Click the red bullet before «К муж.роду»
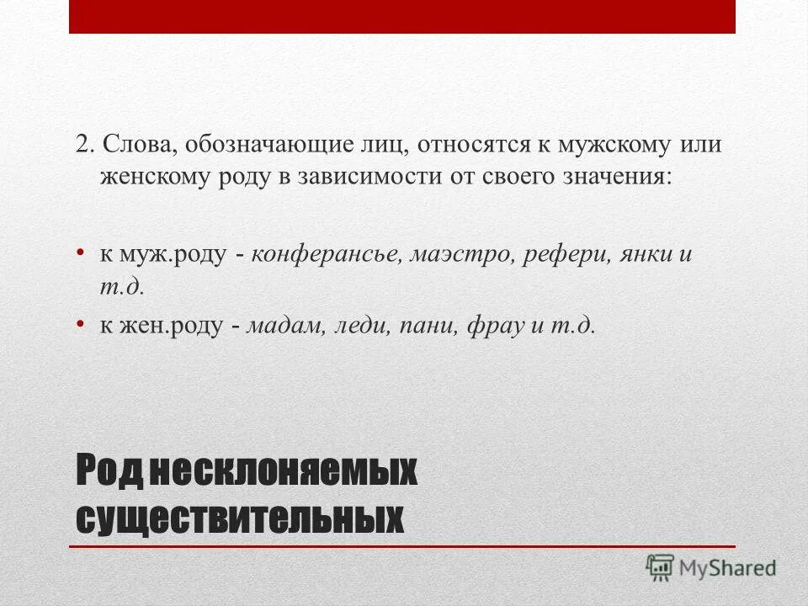(x=80, y=252)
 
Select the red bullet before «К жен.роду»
(x=80, y=323)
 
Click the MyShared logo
(x=711, y=566)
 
